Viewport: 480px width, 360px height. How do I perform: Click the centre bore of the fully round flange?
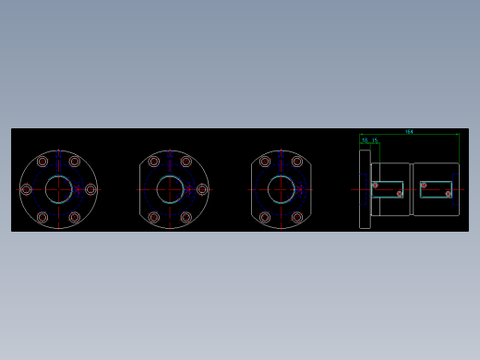[58, 189]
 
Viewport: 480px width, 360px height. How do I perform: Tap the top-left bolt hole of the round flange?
[42, 162]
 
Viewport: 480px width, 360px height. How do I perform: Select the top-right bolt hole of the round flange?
[75, 162]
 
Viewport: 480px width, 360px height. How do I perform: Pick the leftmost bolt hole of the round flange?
[26, 189]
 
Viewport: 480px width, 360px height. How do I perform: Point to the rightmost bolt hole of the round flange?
[90, 189]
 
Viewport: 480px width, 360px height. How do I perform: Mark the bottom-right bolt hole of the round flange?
[75, 218]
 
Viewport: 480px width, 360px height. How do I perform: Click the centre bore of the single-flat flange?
[170, 189]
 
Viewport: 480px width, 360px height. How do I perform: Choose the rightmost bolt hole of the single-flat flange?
[202, 189]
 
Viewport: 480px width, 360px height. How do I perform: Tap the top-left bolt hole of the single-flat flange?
[153, 162]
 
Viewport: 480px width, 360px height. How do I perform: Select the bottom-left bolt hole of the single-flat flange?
[153, 218]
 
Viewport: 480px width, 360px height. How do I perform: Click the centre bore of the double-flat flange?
[282, 189]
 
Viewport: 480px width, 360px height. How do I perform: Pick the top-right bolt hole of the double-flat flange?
[297, 162]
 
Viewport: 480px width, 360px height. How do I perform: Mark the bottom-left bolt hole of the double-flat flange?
[265, 218]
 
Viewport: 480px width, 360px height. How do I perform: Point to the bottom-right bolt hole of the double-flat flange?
[297, 218]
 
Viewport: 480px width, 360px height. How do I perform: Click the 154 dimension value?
[409, 132]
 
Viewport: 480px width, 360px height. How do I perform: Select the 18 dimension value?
[365, 140]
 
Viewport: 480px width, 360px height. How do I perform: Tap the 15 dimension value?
[375, 140]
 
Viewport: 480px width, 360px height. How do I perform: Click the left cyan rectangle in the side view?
[389, 189]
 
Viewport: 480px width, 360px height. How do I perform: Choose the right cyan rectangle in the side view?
[437, 189]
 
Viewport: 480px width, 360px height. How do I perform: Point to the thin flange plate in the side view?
[365, 189]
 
